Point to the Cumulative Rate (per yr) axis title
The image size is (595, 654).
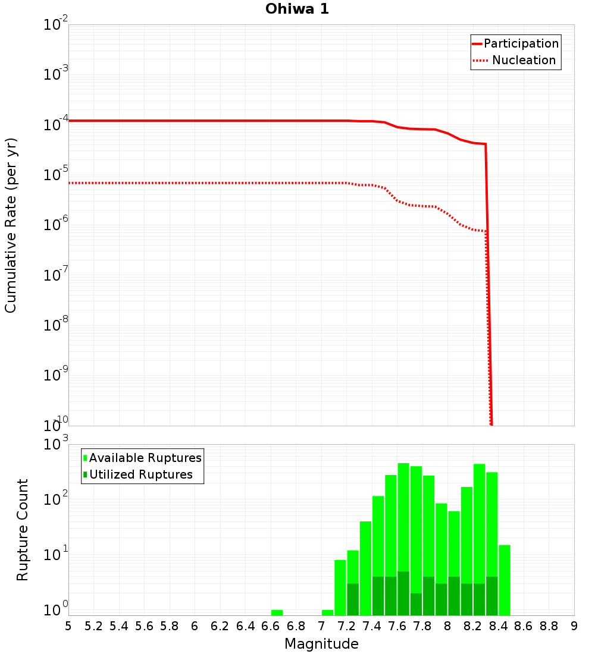point(11,225)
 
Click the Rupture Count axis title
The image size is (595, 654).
point(23,530)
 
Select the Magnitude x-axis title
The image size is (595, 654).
point(321,644)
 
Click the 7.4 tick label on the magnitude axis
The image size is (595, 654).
point(372,627)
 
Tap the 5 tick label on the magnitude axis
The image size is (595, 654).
point(68,627)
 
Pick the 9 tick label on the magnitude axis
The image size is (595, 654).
point(574,627)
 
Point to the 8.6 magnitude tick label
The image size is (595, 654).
point(524,627)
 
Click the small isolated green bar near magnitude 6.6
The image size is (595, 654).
point(277,612)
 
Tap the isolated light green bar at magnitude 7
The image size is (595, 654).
point(327,612)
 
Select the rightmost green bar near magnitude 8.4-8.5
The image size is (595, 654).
point(505,580)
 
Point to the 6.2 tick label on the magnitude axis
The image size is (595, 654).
point(220,627)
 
